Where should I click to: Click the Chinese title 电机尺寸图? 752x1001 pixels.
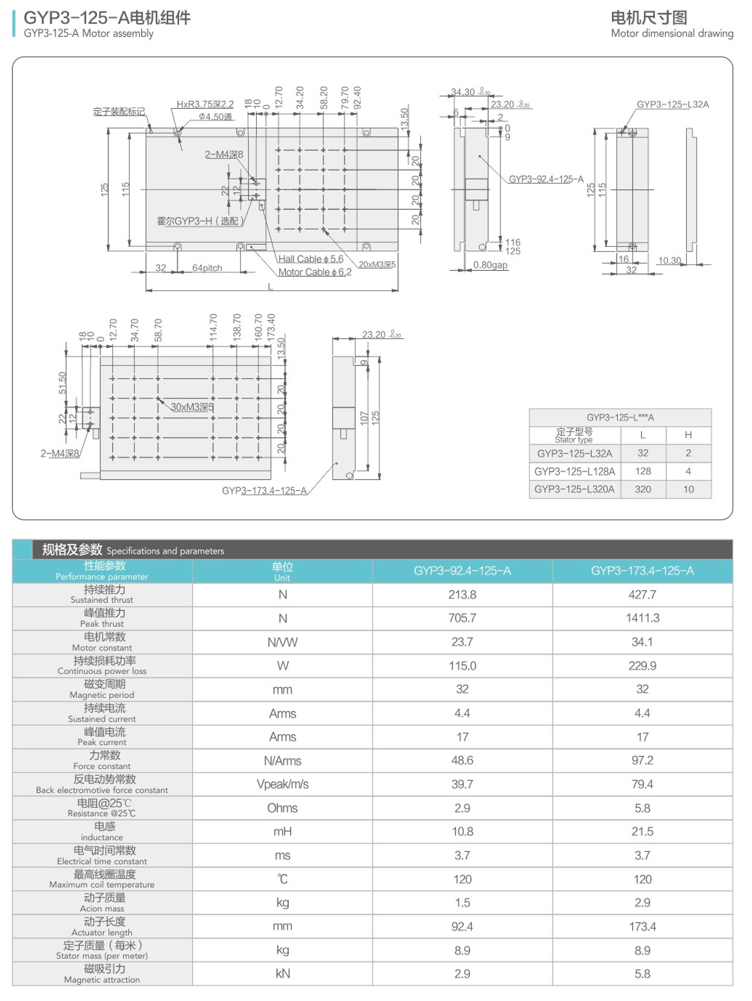tap(648, 18)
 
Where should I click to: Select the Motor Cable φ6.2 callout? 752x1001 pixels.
tap(315, 272)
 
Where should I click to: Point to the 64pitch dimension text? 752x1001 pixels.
tap(207, 268)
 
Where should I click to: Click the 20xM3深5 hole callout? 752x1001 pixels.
tap(377, 264)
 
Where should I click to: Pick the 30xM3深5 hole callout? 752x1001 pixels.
tap(192, 407)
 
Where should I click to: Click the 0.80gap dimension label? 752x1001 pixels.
tap(490, 265)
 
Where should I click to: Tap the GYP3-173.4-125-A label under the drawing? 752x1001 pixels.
tap(264, 491)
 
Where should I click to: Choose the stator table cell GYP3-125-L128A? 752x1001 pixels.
tap(574, 472)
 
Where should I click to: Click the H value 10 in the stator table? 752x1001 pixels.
tap(688, 489)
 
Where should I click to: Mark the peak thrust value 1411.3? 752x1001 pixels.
tap(642, 618)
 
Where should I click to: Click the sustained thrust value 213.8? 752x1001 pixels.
tap(462, 594)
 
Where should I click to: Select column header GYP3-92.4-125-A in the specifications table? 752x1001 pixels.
tap(462, 571)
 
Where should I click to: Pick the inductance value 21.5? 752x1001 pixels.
tap(642, 832)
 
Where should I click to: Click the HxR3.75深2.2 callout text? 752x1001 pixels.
tap(205, 105)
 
